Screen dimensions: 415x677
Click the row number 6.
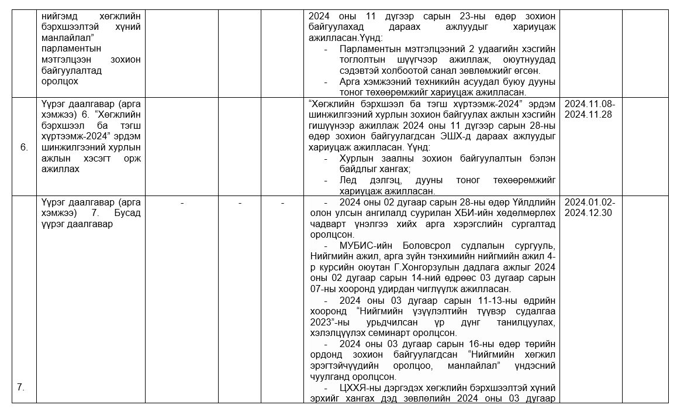pyautogui.click(x=24, y=148)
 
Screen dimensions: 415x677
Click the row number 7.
pyautogui.click(x=20, y=387)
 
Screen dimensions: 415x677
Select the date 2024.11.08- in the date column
pyautogui.click(x=590, y=104)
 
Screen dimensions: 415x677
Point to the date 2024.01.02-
pyautogui.click(x=590, y=202)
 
